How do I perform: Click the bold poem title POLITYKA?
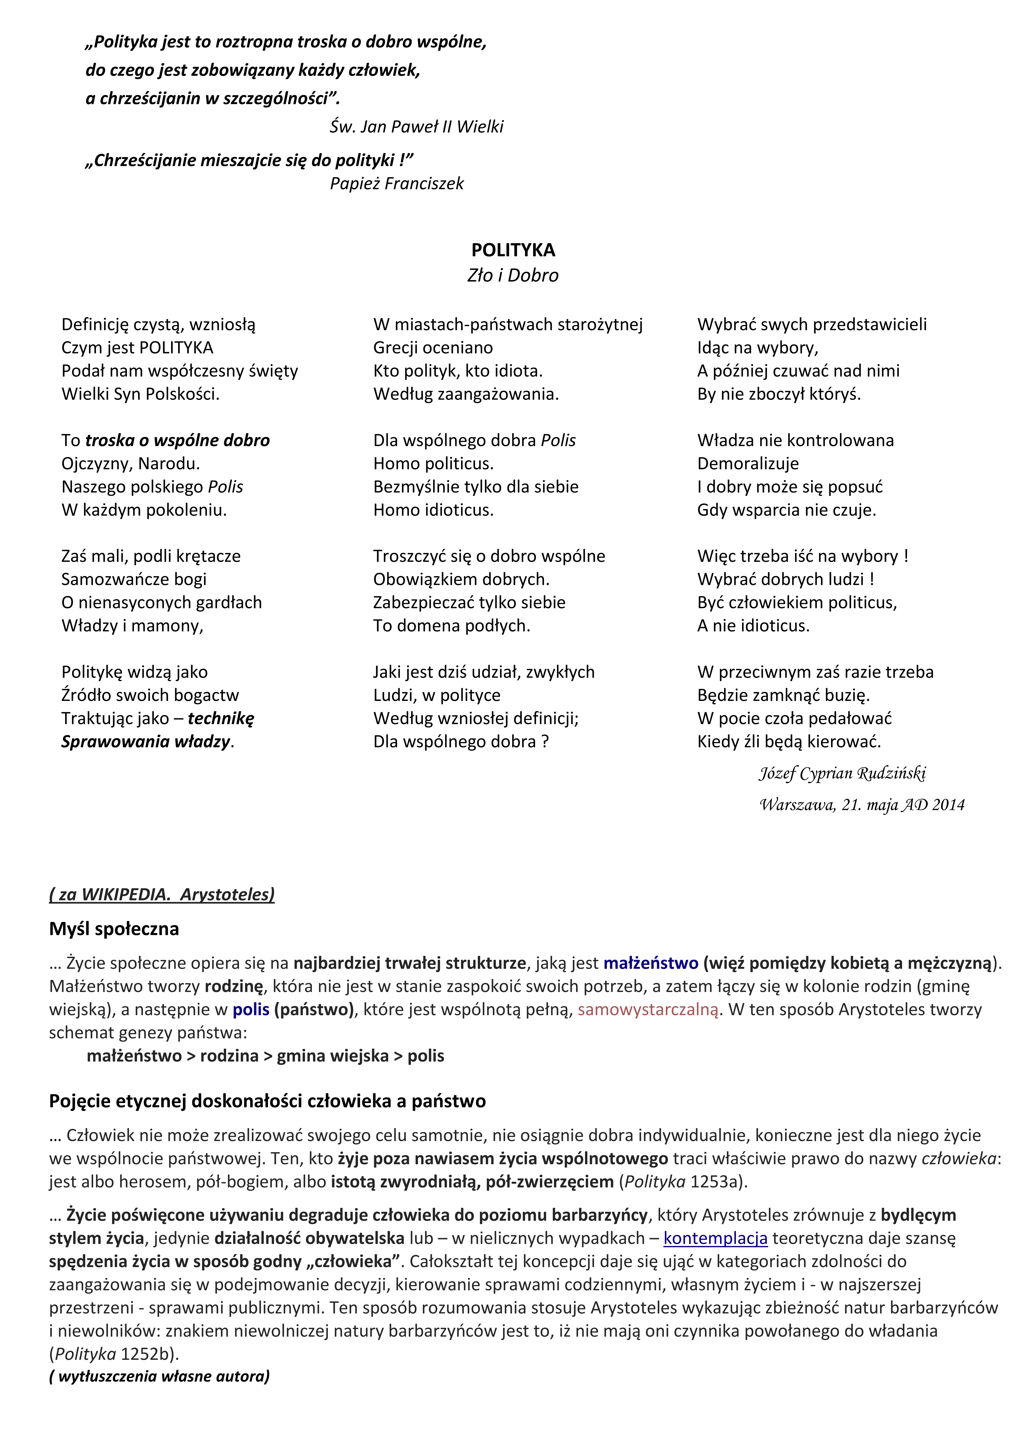point(513,250)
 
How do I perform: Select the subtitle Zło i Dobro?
point(513,276)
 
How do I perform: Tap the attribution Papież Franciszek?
point(396,184)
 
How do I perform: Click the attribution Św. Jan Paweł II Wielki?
point(416,127)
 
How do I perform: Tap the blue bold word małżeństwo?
point(651,963)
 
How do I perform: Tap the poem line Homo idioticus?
point(433,510)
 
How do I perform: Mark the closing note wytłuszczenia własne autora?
point(159,1377)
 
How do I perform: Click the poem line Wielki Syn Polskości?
point(140,395)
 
